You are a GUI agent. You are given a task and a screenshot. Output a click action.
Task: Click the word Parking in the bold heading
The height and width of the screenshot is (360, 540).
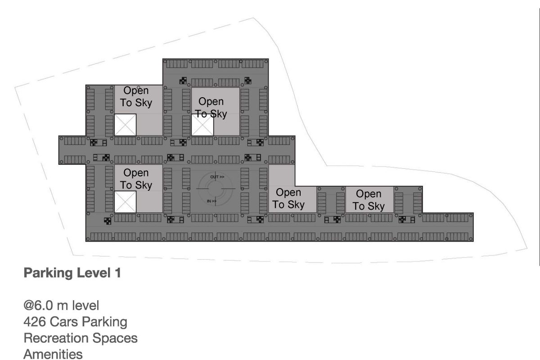(x=48, y=273)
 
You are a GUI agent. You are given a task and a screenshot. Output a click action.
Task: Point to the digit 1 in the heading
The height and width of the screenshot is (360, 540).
(x=118, y=273)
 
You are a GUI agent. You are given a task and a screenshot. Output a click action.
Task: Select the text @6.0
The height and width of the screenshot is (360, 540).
(x=38, y=306)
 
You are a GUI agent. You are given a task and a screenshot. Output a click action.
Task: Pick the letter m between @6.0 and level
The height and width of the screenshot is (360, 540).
(x=62, y=306)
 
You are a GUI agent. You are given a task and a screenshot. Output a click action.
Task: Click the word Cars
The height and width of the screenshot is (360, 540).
(x=63, y=322)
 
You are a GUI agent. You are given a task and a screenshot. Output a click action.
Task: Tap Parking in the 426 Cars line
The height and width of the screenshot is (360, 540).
(x=104, y=322)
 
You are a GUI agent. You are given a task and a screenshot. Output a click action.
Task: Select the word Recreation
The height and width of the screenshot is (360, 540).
(x=56, y=338)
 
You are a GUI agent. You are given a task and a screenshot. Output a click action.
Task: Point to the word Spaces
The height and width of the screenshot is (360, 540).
(x=115, y=338)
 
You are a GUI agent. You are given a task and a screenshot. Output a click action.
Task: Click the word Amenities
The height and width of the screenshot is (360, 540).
(x=53, y=354)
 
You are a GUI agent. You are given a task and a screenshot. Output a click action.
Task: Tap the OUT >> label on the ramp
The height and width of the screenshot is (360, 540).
(x=217, y=177)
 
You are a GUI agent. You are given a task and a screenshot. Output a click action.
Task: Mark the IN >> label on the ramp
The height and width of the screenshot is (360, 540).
(x=211, y=201)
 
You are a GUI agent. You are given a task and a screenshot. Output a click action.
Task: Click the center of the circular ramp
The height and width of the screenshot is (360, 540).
(x=216, y=189)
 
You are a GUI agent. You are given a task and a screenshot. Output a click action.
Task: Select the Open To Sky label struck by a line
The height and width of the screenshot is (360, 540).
(x=211, y=108)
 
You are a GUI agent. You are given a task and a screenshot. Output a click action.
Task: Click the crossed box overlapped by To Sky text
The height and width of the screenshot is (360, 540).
(x=202, y=125)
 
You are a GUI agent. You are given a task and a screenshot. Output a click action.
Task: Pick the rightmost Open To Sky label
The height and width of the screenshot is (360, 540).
(x=369, y=200)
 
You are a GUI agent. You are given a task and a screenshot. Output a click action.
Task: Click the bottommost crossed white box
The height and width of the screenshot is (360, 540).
(x=125, y=202)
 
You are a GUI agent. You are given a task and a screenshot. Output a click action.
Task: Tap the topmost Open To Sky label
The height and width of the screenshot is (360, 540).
(x=136, y=96)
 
